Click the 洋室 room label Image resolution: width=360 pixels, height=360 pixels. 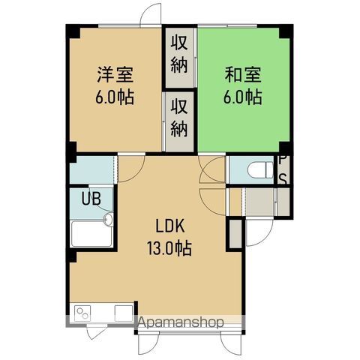tap(115, 76)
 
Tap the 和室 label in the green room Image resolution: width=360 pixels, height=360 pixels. tap(241, 76)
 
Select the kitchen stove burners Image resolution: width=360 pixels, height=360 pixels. tap(82, 310)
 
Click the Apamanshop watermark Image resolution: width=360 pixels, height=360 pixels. tap(179, 323)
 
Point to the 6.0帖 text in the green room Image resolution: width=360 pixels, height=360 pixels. tap(241, 97)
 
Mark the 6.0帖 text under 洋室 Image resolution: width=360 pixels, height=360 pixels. tap(115, 97)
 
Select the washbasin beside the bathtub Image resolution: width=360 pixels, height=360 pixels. tap(108, 220)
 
